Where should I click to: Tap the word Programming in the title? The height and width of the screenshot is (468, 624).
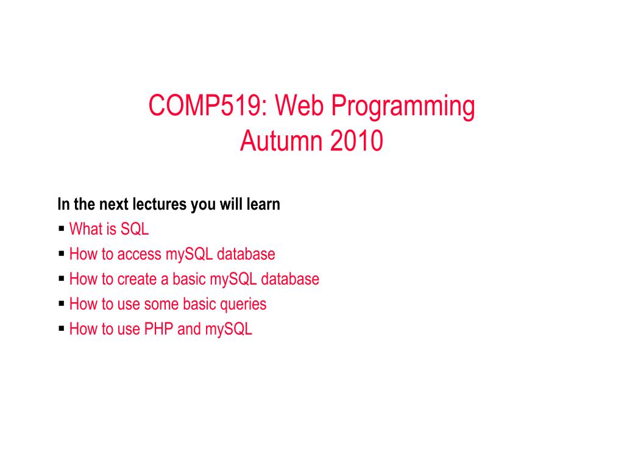point(403,107)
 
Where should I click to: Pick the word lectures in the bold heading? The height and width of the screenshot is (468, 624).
point(160,204)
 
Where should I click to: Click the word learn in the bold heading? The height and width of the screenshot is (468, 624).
point(263,204)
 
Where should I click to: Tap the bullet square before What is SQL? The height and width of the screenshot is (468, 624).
point(62,229)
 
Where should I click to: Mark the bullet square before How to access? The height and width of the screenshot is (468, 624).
point(62,253)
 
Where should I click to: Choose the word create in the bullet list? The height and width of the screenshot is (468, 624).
point(137,279)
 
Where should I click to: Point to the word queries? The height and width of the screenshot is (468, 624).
point(243,305)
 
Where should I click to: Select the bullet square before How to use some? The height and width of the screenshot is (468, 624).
point(62,303)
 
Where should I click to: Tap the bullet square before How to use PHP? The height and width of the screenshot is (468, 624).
point(62,328)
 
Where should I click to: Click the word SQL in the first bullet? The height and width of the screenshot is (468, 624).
point(135,229)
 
